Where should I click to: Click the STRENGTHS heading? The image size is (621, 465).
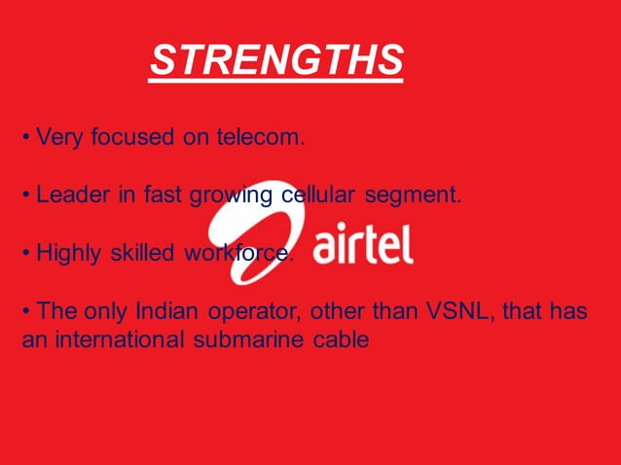pos(276,60)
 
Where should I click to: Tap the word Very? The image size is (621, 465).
pos(59,138)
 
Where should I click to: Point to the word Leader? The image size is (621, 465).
pos(72,196)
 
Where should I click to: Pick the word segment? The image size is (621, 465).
pos(414,197)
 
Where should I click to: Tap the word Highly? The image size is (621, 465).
pos(69,254)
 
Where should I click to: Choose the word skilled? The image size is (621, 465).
pos(141,254)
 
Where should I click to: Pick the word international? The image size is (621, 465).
pos(116,341)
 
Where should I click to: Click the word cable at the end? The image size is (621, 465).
pos(345,341)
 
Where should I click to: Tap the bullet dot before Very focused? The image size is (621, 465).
pos(26,138)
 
